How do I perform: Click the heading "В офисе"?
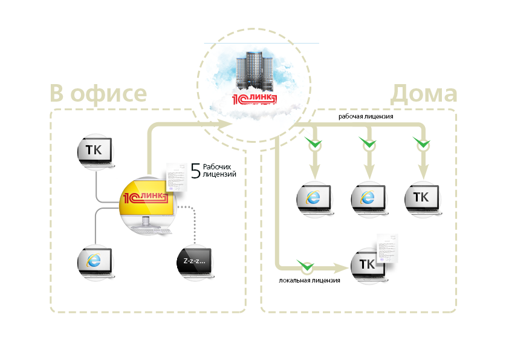tap(98, 93)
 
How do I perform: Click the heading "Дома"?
tap(423, 93)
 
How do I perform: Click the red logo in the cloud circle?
tap(254, 98)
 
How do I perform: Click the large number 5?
tap(195, 171)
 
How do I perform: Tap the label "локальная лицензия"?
tap(310, 281)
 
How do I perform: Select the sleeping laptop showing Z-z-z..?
tap(195, 263)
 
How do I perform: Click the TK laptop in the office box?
tap(96, 151)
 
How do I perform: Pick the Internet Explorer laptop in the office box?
tap(95, 261)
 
